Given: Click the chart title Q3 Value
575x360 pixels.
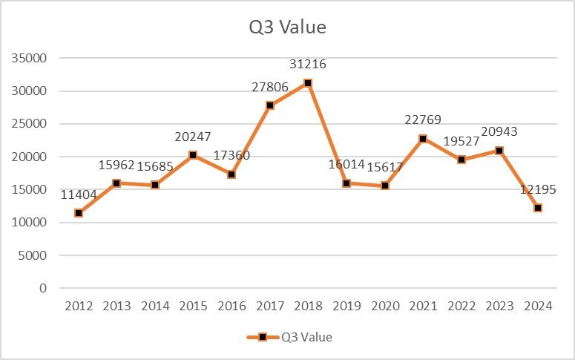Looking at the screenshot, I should (x=287, y=27).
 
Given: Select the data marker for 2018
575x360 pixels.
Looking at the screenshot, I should (x=308, y=83).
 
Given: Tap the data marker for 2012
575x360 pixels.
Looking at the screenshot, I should (x=78, y=213).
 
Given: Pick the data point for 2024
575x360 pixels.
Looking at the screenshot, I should (x=538, y=208).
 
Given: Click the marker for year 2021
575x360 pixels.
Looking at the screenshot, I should (x=423, y=139).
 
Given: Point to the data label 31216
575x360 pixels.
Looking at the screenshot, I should (x=308, y=65).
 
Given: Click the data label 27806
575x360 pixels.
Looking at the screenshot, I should (x=270, y=87).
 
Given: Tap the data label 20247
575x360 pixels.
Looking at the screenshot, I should (x=193, y=137).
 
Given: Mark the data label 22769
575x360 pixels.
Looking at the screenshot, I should (x=423, y=120).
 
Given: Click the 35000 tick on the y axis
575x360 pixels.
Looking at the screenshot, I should (x=29, y=59).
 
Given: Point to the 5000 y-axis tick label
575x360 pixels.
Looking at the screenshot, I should (x=32, y=255).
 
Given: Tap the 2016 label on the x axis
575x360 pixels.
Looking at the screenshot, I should (x=231, y=307).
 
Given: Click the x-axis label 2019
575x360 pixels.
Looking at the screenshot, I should (x=346, y=307).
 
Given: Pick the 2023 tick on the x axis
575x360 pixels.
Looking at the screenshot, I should (x=499, y=307).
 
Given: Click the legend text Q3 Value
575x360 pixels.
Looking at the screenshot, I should (x=306, y=337).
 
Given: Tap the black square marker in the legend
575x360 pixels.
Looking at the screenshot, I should (x=263, y=337).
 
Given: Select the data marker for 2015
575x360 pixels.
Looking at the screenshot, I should (x=193, y=155).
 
